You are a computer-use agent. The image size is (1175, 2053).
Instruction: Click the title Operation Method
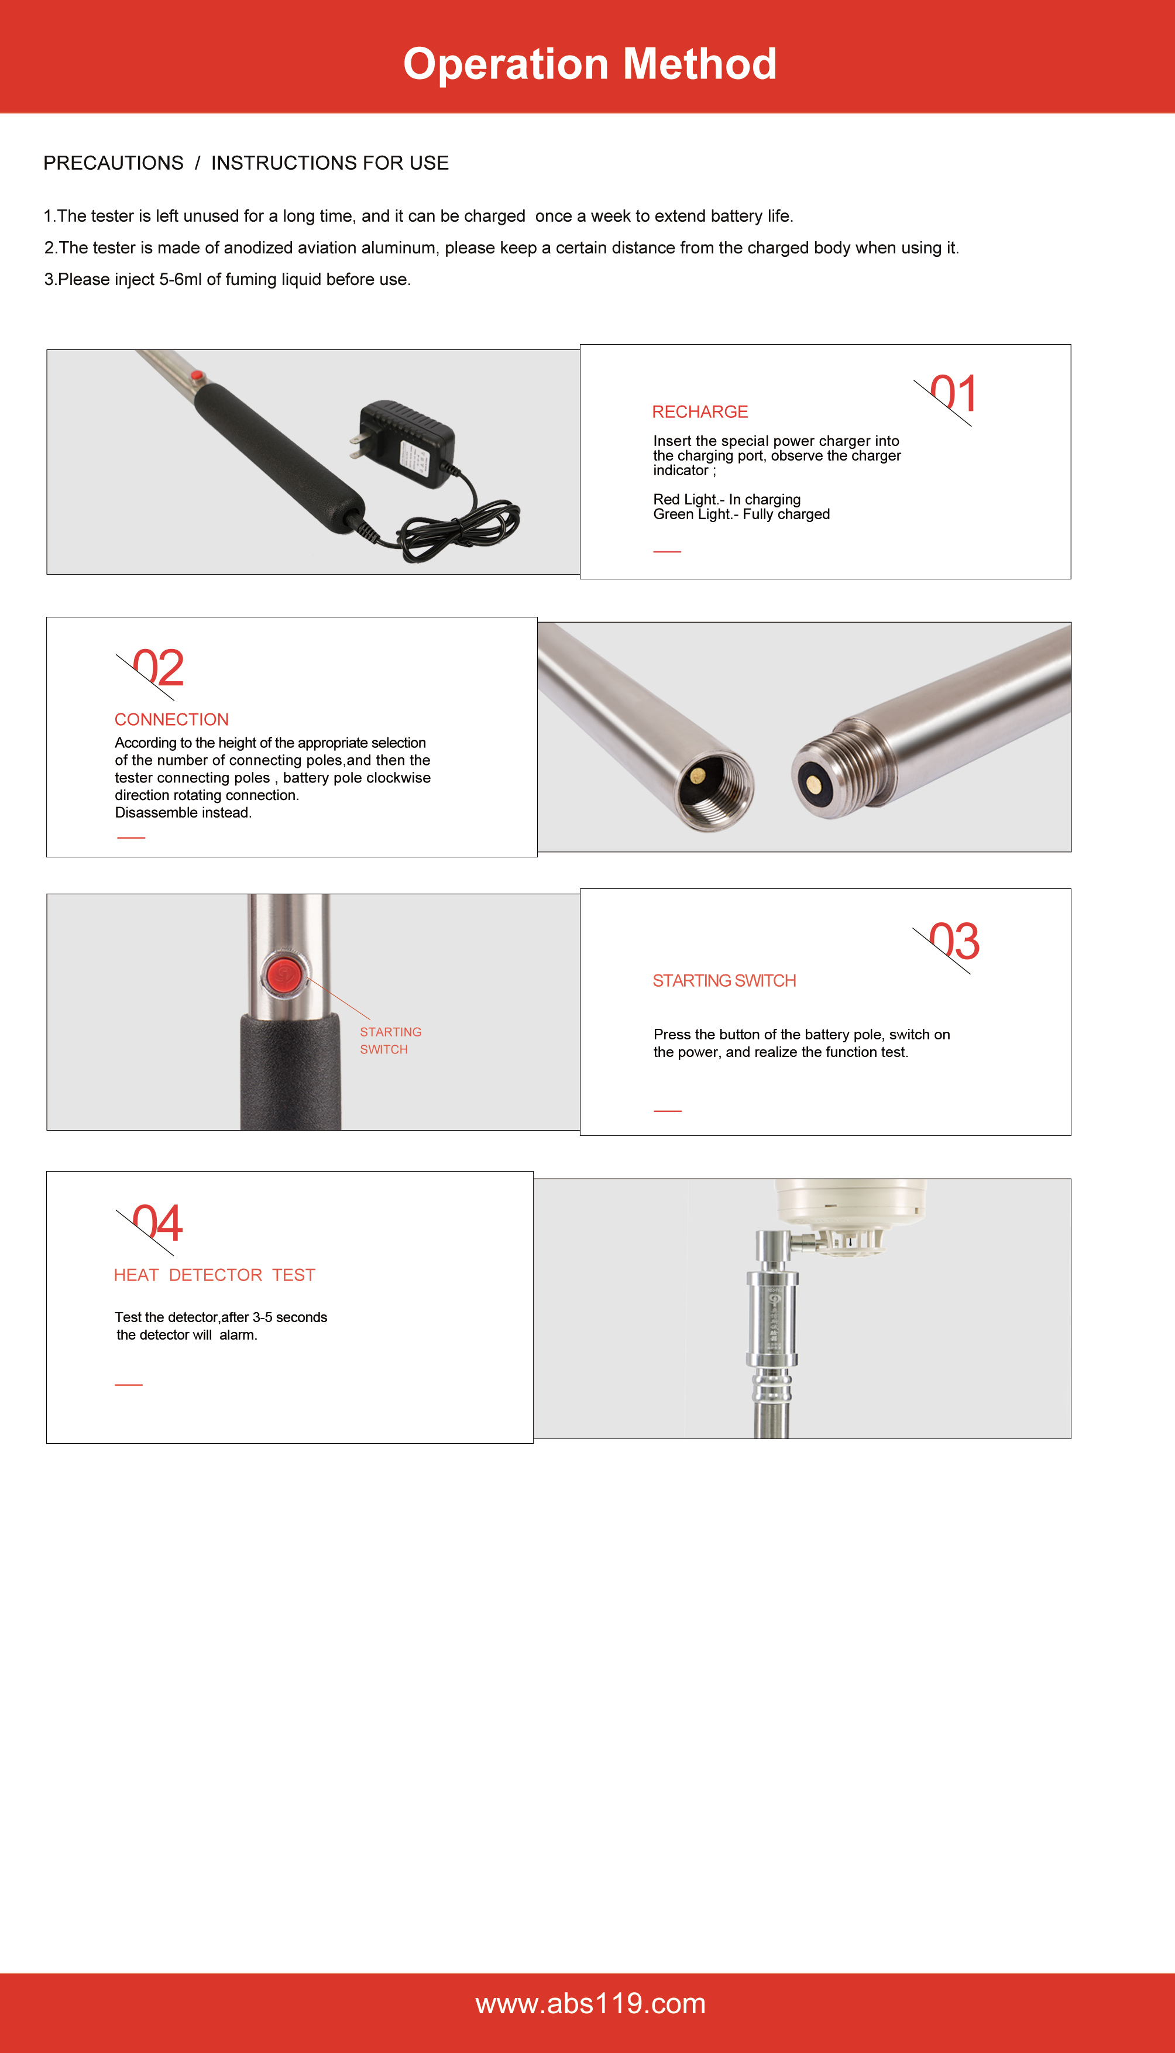(590, 64)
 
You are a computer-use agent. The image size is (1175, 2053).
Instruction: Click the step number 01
(954, 394)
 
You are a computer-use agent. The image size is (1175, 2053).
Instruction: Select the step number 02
(158, 668)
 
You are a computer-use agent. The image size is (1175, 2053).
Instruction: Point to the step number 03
(955, 941)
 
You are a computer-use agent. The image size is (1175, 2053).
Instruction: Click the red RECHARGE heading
(700, 411)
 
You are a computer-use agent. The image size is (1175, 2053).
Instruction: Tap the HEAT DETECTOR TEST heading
(215, 1275)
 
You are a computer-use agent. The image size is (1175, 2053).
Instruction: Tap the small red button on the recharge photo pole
(195, 376)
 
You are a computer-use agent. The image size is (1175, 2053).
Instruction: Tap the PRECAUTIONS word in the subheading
(114, 163)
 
